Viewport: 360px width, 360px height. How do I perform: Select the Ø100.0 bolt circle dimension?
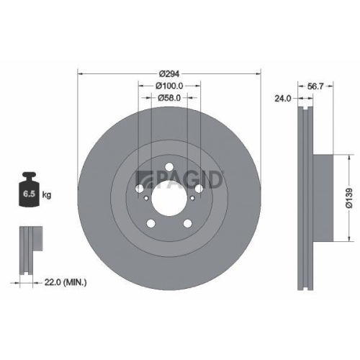tap(169, 86)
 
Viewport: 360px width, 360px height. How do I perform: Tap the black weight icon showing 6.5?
tap(30, 191)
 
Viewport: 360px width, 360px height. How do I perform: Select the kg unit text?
tap(47, 194)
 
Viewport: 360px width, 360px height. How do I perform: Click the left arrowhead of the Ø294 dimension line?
tap(79, 73)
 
